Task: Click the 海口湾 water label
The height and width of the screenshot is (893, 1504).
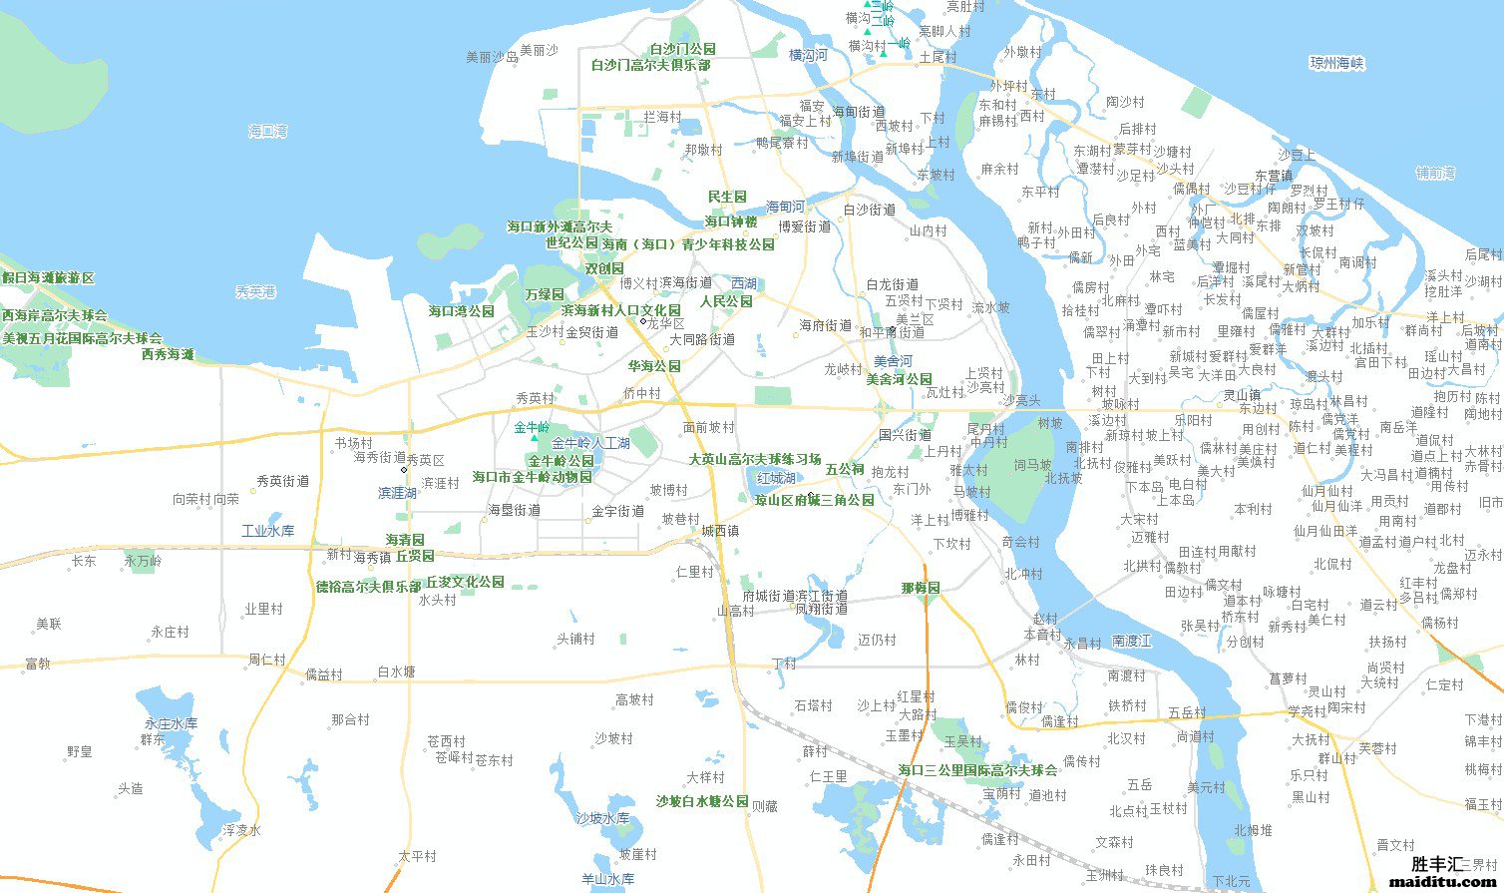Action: pyautogui.click(x=267, y=131)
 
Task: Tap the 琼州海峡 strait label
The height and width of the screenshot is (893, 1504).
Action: pyautogui.click(x=1335, y=63)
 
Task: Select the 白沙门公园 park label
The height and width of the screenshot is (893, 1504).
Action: pyautogui.click(x=682, y=49)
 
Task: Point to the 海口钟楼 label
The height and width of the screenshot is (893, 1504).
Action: pyautogui.click(x=731, y=222)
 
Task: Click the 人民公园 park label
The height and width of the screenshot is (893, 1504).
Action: pyautogui.click(x=726, y=301)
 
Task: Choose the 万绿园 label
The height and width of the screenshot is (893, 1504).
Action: pyautogui.click(x=545, y=294)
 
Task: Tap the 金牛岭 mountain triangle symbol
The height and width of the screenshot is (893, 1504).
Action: pyautogui.click(x=534, y=437)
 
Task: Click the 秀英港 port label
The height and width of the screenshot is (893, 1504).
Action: pyautogui.click(x=255, y=291)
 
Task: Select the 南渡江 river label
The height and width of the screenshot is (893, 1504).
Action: pyautogui.click(x=1132, y=641)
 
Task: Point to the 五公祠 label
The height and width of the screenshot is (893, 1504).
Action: pyautogui.click(x=844, y=469)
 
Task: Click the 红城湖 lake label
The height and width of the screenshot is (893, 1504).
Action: pyautogui.click(x=775, y=479)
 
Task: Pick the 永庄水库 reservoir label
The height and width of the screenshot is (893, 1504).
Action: pyautogui.click(x=171, y=723)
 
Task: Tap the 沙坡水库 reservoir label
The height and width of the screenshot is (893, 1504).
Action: pyautogui.click(x=602, y=818)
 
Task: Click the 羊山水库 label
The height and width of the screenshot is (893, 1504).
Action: pyautogui.click(x=607, y=879)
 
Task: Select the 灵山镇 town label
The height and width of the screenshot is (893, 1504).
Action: pyautogui.click(x=1242, y=395)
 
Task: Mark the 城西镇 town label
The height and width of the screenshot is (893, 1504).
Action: pyautogui.click(x=719, y=531)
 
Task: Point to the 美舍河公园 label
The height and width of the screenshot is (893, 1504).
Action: pyautogui.click(x=899, y=379)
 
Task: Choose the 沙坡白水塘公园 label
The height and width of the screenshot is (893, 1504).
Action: pyautogui.click(x=702, y=801)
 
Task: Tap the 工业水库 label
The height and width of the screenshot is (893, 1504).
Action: pyautogui.click(x=267, y=531)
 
